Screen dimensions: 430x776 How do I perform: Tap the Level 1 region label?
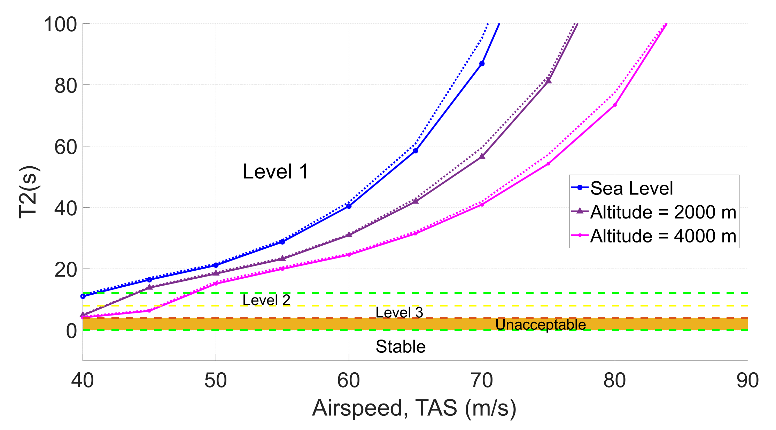pyautogui.click(x=275, y=172)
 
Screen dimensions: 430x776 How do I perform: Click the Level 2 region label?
pyautogui.click(x=266, y=300)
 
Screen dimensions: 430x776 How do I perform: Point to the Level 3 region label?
pyautogui.click(x=399, y=312)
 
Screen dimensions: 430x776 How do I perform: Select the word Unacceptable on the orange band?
pyautogui.click(x=541, y=325)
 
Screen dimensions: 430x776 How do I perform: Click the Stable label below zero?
pyautogui.click(x=401, y=347)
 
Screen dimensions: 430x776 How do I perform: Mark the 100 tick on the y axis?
pyautogui.click(x=60, y=25)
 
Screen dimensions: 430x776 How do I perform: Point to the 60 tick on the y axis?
pyautogui.click(x=65, y=147)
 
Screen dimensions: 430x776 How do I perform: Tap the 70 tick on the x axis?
pyautogui.click(x=482, y=380)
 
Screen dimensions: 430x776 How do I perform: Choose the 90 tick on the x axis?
pyautogui.click(x=747, y=380)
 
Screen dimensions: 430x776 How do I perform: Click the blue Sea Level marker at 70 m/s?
pyautogui.click(x=482, y=64)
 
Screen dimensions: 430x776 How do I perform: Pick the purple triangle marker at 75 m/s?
pyautogui.click(x=549, y=81)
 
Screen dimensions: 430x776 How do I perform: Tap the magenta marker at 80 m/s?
pyautogui.click(x=615, y=105)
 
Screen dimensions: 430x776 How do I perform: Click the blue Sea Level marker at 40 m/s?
pyautogui.click(x=83, y=296)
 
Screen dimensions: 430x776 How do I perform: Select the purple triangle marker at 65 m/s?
pyautogui.click(x=415, y=201)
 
